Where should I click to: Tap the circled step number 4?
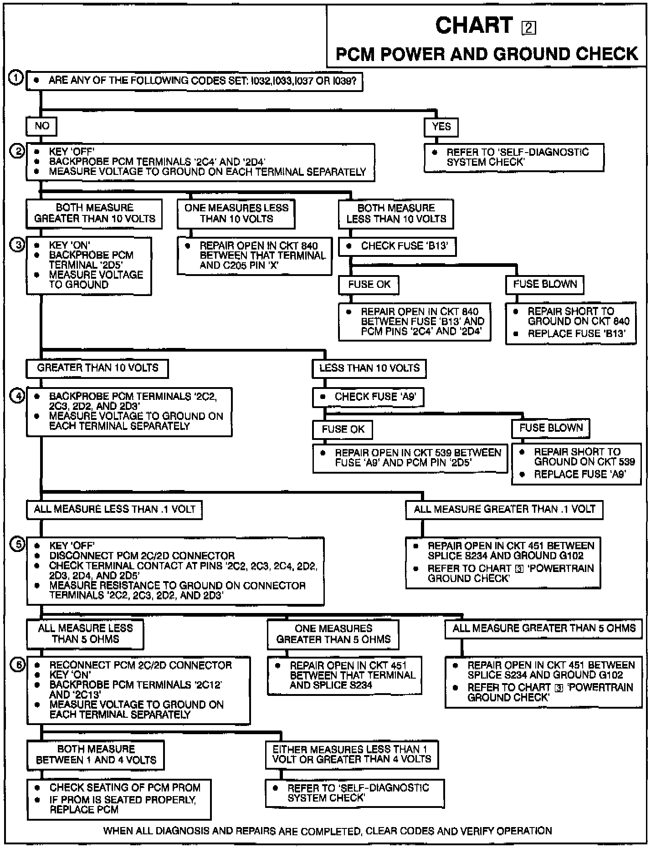point(17,396)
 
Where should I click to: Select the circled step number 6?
point(17,665)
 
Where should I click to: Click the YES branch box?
point(441,127)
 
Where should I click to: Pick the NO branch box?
point(42,126)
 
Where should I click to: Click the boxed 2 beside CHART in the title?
point(528,28)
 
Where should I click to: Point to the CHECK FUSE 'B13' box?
point(397,246)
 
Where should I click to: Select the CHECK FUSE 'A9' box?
point(368,397)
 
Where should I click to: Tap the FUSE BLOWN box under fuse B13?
point(545,285)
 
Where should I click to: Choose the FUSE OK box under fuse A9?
point(343,429)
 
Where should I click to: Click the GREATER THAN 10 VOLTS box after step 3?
point(97,368)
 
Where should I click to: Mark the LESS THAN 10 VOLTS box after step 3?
point(369,368)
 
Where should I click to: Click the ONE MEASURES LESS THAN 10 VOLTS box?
point(236,213)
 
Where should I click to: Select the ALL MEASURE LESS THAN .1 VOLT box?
point(114,509)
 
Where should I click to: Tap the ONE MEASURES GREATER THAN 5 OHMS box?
point(333,634)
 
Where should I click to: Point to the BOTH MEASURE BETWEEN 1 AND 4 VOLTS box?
point(96,755)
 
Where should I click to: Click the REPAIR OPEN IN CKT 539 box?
point(410,458)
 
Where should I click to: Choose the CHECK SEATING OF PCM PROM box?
point(119,798)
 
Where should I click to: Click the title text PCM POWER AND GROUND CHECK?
point(487,54)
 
